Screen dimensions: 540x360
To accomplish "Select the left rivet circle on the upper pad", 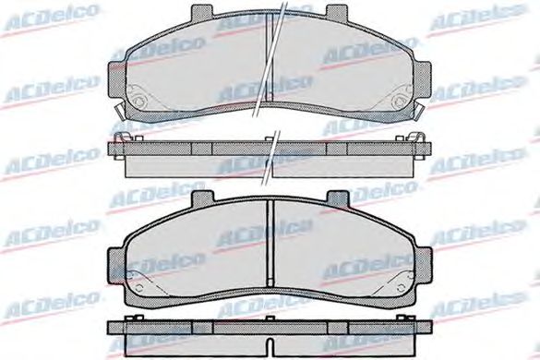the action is [139, 101].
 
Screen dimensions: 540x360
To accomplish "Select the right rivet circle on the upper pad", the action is [399, 101].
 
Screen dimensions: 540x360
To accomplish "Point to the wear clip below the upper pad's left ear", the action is [118, 110].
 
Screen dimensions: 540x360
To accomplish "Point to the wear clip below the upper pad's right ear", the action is [419, 110].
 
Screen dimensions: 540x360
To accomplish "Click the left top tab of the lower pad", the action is [201, 199].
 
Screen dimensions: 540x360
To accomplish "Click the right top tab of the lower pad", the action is [337, 199].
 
